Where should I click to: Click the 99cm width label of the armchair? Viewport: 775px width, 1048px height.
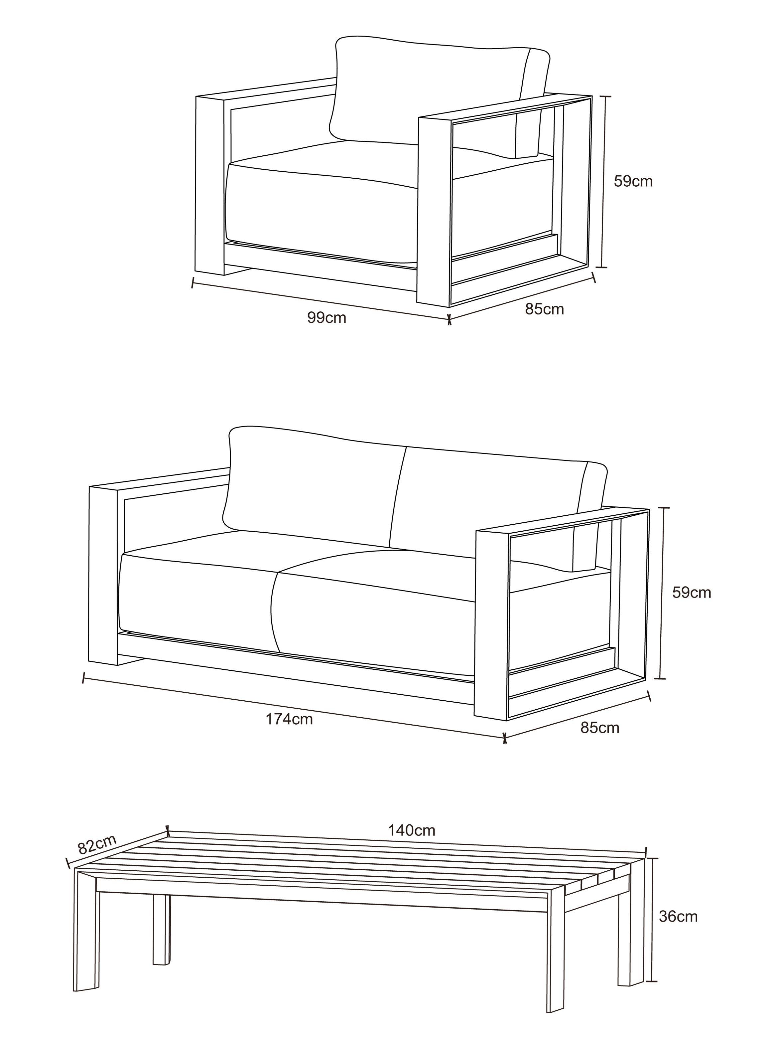click(326, 318)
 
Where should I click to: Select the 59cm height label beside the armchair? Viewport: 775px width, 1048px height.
click(633, 181)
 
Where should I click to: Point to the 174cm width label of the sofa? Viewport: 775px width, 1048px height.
click(289, 719)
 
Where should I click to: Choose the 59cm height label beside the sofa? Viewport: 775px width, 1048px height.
click(692, 592)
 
